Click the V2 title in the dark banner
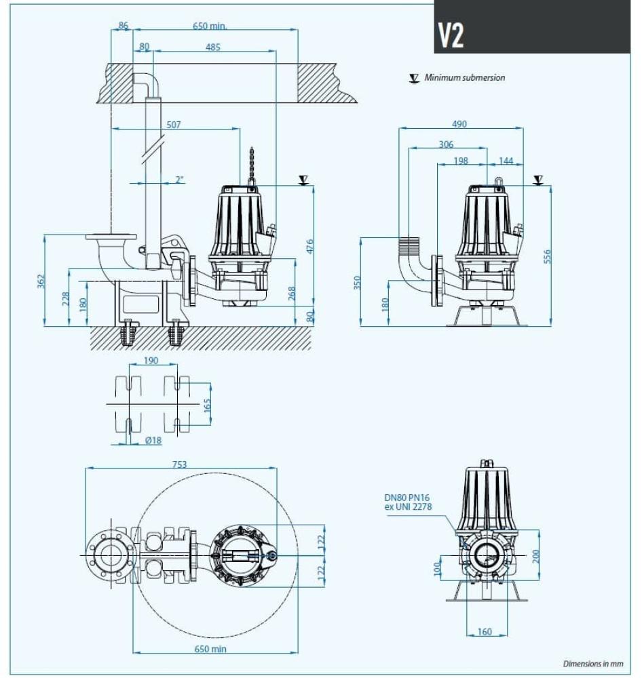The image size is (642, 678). click(x=451, y=36)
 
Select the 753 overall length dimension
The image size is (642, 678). click(x=179, y=464)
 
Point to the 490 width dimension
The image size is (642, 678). click(x=459, y=124)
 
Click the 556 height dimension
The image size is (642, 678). click(x=548, y=256)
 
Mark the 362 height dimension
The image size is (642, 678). click(x=41, y=280)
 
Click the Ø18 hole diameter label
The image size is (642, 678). click(x=153, y=440)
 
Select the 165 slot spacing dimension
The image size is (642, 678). click(x=208, y=405)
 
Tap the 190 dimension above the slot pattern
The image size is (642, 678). click(x=150, y=361)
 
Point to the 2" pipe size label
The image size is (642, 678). click(x=180, y=180)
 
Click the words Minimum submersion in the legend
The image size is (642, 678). click(x=465, y=78)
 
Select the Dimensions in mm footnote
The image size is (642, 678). click(x=592, y=664)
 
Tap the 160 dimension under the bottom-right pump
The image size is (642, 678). click(x=485, y=632)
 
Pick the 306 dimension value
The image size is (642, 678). click(x=446, y=144)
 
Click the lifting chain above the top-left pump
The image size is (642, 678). click(x=252, y=165)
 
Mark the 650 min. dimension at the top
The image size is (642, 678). click(x=210, y=26)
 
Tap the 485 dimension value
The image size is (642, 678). click(x=213, y=47)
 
